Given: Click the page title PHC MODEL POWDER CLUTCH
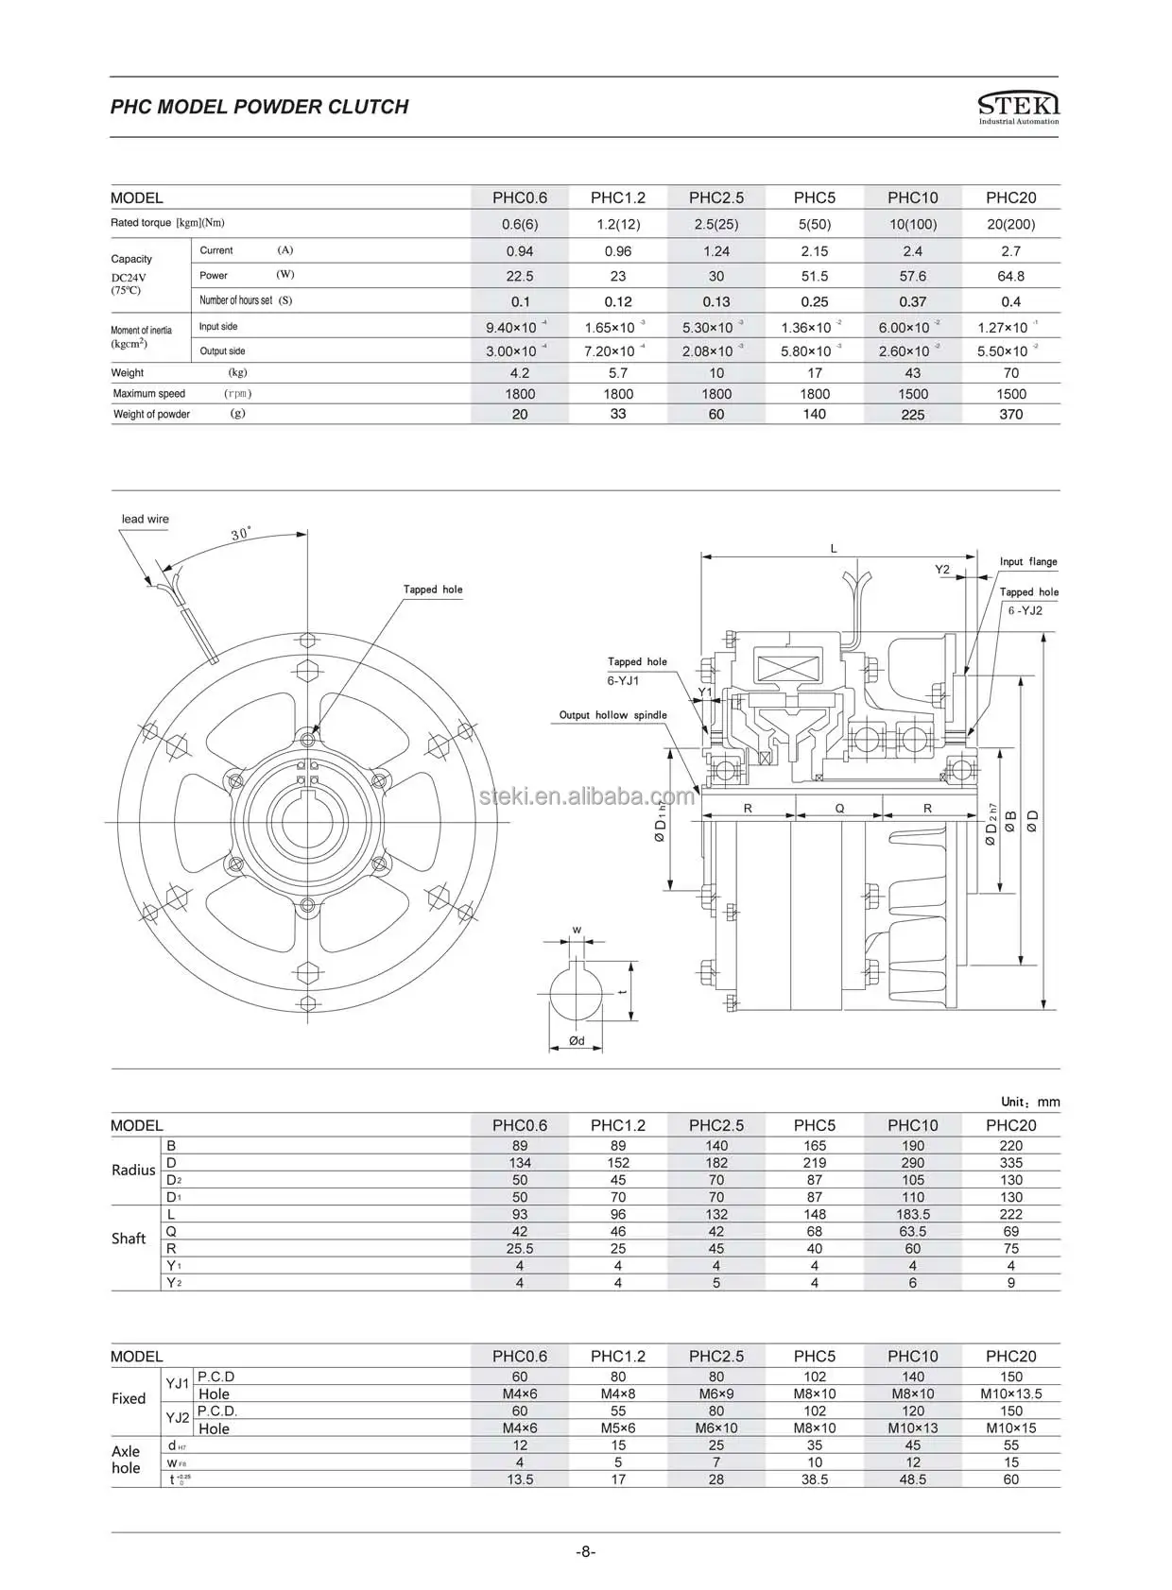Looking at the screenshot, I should [x=259, y=107].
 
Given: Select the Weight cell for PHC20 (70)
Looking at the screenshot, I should [x=1010, y=373].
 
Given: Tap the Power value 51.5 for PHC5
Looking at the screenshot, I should [x=814, y=276].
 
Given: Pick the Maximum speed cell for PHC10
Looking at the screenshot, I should [x=912, y=394].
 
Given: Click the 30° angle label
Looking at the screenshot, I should [x=241, y=534].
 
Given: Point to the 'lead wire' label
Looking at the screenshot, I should [x=145, y=519].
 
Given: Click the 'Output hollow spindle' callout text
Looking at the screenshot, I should [x=612, y=715].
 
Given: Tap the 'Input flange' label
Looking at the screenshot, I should [x=1028, y=561].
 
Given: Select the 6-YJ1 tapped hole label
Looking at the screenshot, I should [x=623, y=680].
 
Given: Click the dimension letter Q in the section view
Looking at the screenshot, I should [x=839, y=808].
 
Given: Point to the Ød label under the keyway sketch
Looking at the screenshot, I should [x=577, y=1040].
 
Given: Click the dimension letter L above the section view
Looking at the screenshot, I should [x=834, y=548].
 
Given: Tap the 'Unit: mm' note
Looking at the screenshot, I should [x=1030, y=1102].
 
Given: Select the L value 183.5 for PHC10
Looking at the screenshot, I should [x=912, y=1214].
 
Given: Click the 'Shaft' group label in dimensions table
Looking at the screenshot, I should [x=129, y=1239].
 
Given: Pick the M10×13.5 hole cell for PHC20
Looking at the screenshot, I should [x=1010, y=1393].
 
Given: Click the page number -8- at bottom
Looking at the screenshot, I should [x=586, y=1551].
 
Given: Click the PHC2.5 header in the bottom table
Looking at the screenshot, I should [x=715, y=1356].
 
